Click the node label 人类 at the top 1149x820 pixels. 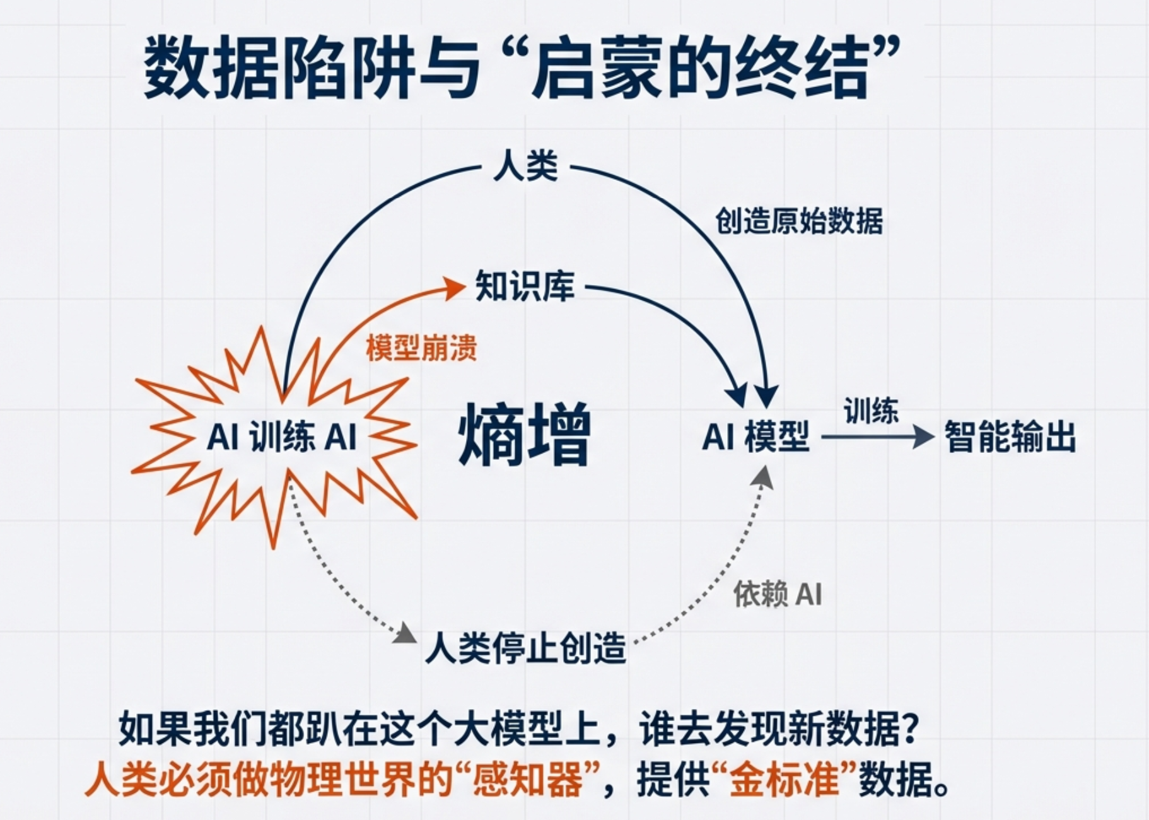pos(525,167)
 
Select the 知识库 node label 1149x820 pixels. pos(525,287)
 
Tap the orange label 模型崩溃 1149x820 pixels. pos(421,348)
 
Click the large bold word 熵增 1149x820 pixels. pos(524,436)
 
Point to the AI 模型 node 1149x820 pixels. pos(755,436)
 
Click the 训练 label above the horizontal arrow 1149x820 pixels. pos(871,411)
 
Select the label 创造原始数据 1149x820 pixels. pos(798,221)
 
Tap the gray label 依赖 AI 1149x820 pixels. pos(778,594)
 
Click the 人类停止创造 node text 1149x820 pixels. pos(525,648)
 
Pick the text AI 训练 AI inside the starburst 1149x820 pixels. pos(282,436)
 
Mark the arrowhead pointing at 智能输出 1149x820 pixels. pos(924,436)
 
